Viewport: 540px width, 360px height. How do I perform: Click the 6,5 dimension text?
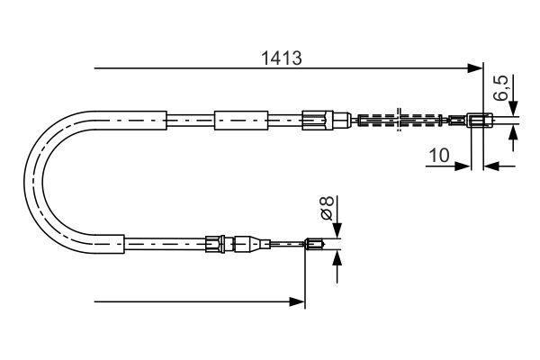tap(501, 90)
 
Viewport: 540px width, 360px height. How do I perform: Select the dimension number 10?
tap(439, 155)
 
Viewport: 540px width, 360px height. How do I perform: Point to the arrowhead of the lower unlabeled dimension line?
tap(299, 302)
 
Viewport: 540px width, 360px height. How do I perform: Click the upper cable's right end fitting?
tap(480, 119)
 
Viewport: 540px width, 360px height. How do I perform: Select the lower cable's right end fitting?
tap(314, 242)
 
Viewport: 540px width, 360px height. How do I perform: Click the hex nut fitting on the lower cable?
tap(214, 242)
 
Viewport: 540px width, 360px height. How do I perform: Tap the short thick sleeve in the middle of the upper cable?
tap(240, 119)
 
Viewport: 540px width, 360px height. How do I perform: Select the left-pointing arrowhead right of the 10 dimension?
tap(490, 166)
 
